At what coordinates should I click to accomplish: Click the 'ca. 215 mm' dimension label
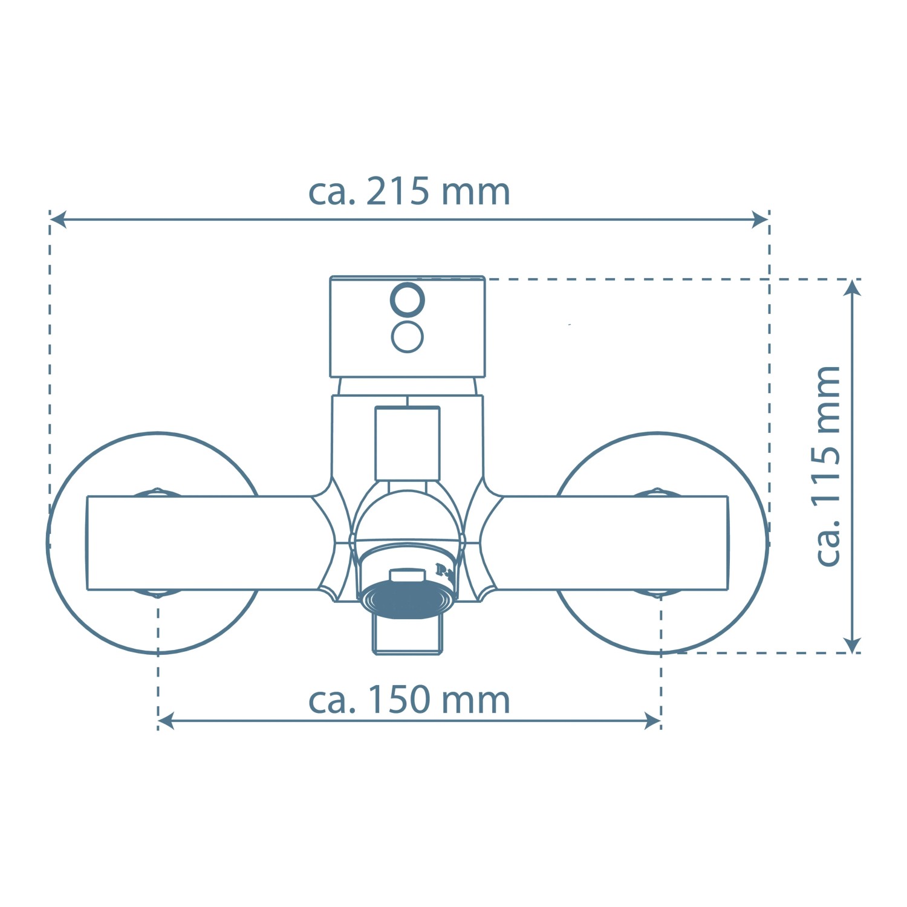tap(409, 192)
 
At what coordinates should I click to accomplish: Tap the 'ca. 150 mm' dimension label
tap(409, 700)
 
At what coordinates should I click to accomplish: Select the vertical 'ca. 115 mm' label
tap(828, 466)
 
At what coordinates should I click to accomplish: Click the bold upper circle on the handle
tap(408, 299)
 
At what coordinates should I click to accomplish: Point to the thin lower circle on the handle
tap(408, 337)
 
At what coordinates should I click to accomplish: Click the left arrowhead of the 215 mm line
tap(58, 219)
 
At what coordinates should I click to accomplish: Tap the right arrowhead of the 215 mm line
tap(759, 219)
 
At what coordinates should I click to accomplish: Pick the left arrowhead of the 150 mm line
tap(166, 721)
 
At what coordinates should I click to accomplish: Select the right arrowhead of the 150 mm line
tap(652, 721)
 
